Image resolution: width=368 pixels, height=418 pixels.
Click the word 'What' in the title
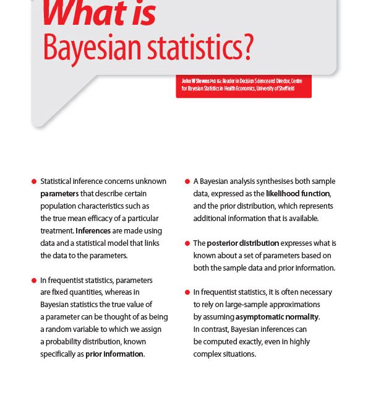coord(76,14)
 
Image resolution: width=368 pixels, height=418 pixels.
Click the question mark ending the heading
coord(247,48)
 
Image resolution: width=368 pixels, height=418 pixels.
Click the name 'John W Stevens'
coord(195,81)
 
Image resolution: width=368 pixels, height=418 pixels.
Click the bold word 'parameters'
coord(59,194)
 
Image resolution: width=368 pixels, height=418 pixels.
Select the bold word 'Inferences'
coord(93,231)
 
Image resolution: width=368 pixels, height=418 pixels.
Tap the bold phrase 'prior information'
coord(114,354)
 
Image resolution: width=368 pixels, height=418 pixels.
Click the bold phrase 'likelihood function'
coord(297,194)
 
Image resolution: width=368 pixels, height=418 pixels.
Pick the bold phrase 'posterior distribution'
coord(242,243)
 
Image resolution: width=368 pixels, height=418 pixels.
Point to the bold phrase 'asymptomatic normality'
coord(277,317)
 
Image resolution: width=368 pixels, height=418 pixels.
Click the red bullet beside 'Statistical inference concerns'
coord(34,181)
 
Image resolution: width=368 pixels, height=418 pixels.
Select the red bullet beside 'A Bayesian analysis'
coord(187,181)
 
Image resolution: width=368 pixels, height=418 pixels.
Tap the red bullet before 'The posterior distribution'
coord(187,243)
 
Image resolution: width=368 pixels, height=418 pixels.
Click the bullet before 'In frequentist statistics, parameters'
coord(34,281)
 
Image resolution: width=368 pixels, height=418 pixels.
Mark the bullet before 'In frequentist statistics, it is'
coord(187,292)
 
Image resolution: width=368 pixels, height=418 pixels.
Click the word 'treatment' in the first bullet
coord(56,231)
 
